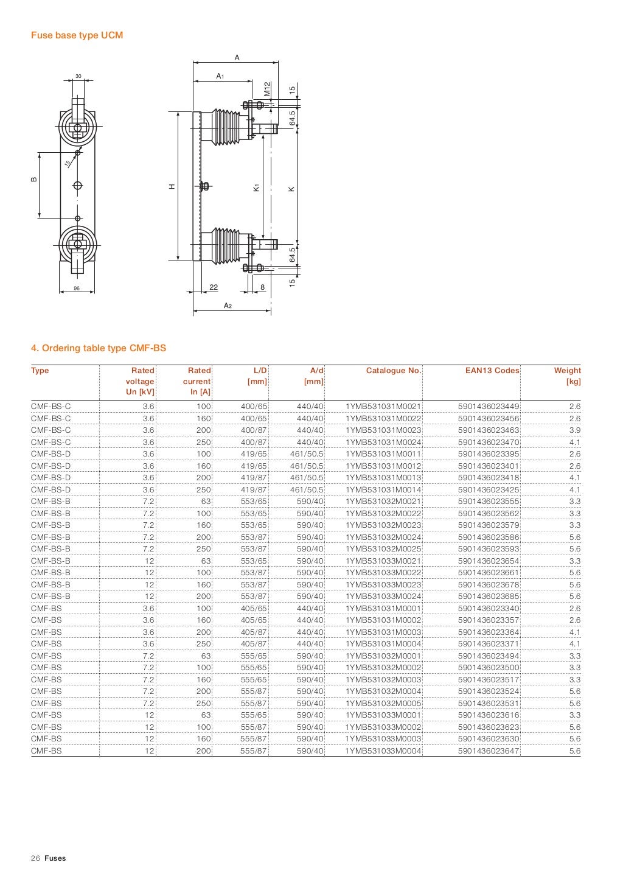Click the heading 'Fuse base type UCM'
point(77,35)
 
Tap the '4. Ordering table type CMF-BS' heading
point(99,348)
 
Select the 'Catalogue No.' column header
point(393,371)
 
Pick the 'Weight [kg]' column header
point(567,376)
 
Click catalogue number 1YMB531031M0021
point(383,407)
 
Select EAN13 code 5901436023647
point(489,751)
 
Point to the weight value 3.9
point(574,430)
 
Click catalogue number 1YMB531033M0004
point(383,751)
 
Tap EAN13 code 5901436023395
point(489,454)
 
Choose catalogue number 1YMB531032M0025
point(383,549)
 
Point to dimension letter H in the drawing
point(172,186)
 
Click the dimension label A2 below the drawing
point(228,306)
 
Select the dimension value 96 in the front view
point(77,288)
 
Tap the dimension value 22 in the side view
point(214,287)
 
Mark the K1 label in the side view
point(257,189)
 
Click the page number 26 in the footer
point(35,858)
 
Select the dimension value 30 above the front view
point(78,76)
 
